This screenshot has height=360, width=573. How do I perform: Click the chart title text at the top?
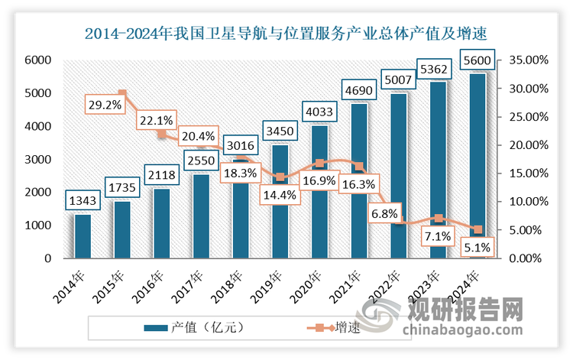click(286, 34)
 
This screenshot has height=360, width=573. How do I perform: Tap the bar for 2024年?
click(477, 165)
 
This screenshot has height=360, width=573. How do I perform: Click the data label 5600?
click(477, 59)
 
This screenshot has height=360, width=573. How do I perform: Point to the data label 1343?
click(82, 200)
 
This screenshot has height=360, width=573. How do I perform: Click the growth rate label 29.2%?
click(105, 105)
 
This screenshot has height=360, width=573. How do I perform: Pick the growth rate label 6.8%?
click(384, 213)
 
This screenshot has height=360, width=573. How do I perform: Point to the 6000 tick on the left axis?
click(38, 60)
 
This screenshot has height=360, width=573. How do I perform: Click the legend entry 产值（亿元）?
click(195, 328)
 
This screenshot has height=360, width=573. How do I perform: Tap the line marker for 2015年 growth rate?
click(121, 94)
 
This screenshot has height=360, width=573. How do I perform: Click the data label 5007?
click(397, 79)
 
